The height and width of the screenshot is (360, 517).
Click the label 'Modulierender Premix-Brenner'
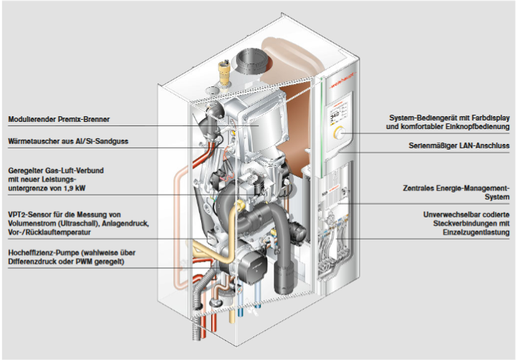pos(59,119)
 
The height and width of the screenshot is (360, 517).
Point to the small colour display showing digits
pos(335,118)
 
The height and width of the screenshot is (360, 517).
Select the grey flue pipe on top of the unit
pos(252,60)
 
